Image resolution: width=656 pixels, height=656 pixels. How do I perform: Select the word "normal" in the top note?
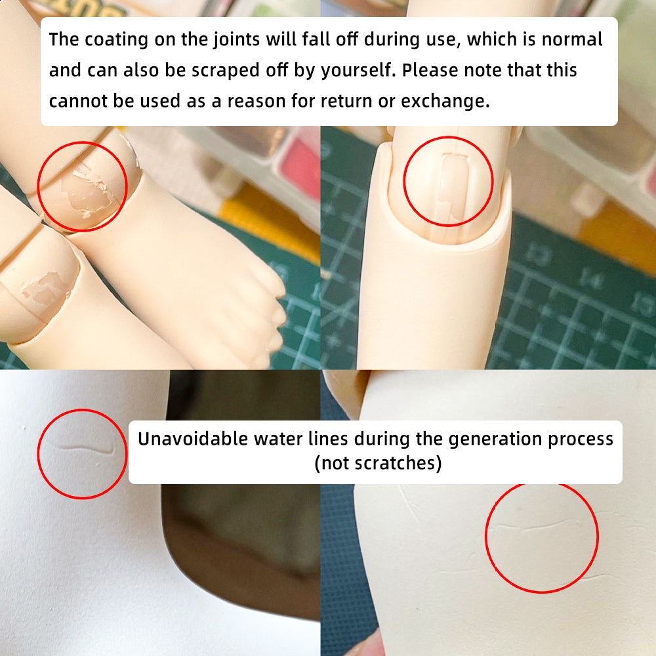point(572,39)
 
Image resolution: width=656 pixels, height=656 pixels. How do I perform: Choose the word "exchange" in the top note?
point(445,102)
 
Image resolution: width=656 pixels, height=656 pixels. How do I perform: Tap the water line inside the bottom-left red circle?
point(85,449)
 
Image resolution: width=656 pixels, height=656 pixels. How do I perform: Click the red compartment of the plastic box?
point(300,167)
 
